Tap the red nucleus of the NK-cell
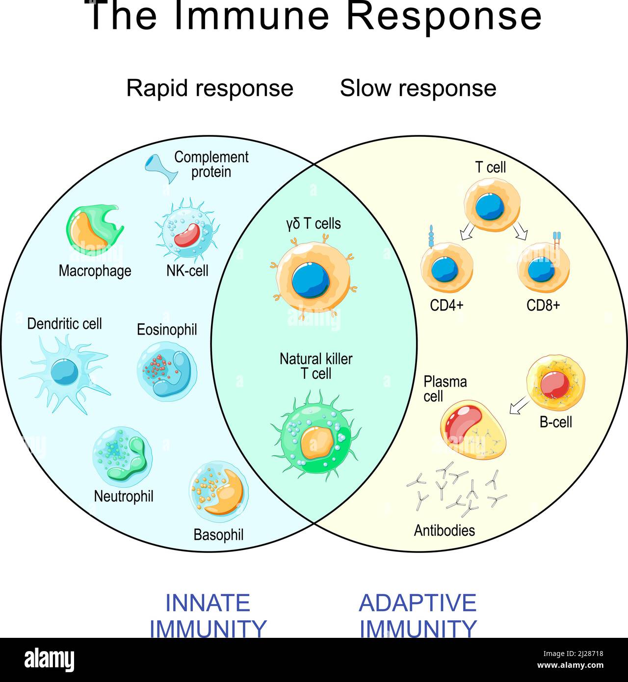[x=186, y=235]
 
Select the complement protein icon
[x=160, y=168]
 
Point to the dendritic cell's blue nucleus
[x=64, y=372]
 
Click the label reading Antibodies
[x=445, y=530]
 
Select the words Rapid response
[x=209, y=88]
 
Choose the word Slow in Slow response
[x=365, y=88]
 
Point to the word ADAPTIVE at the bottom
[x=418, y=603]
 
